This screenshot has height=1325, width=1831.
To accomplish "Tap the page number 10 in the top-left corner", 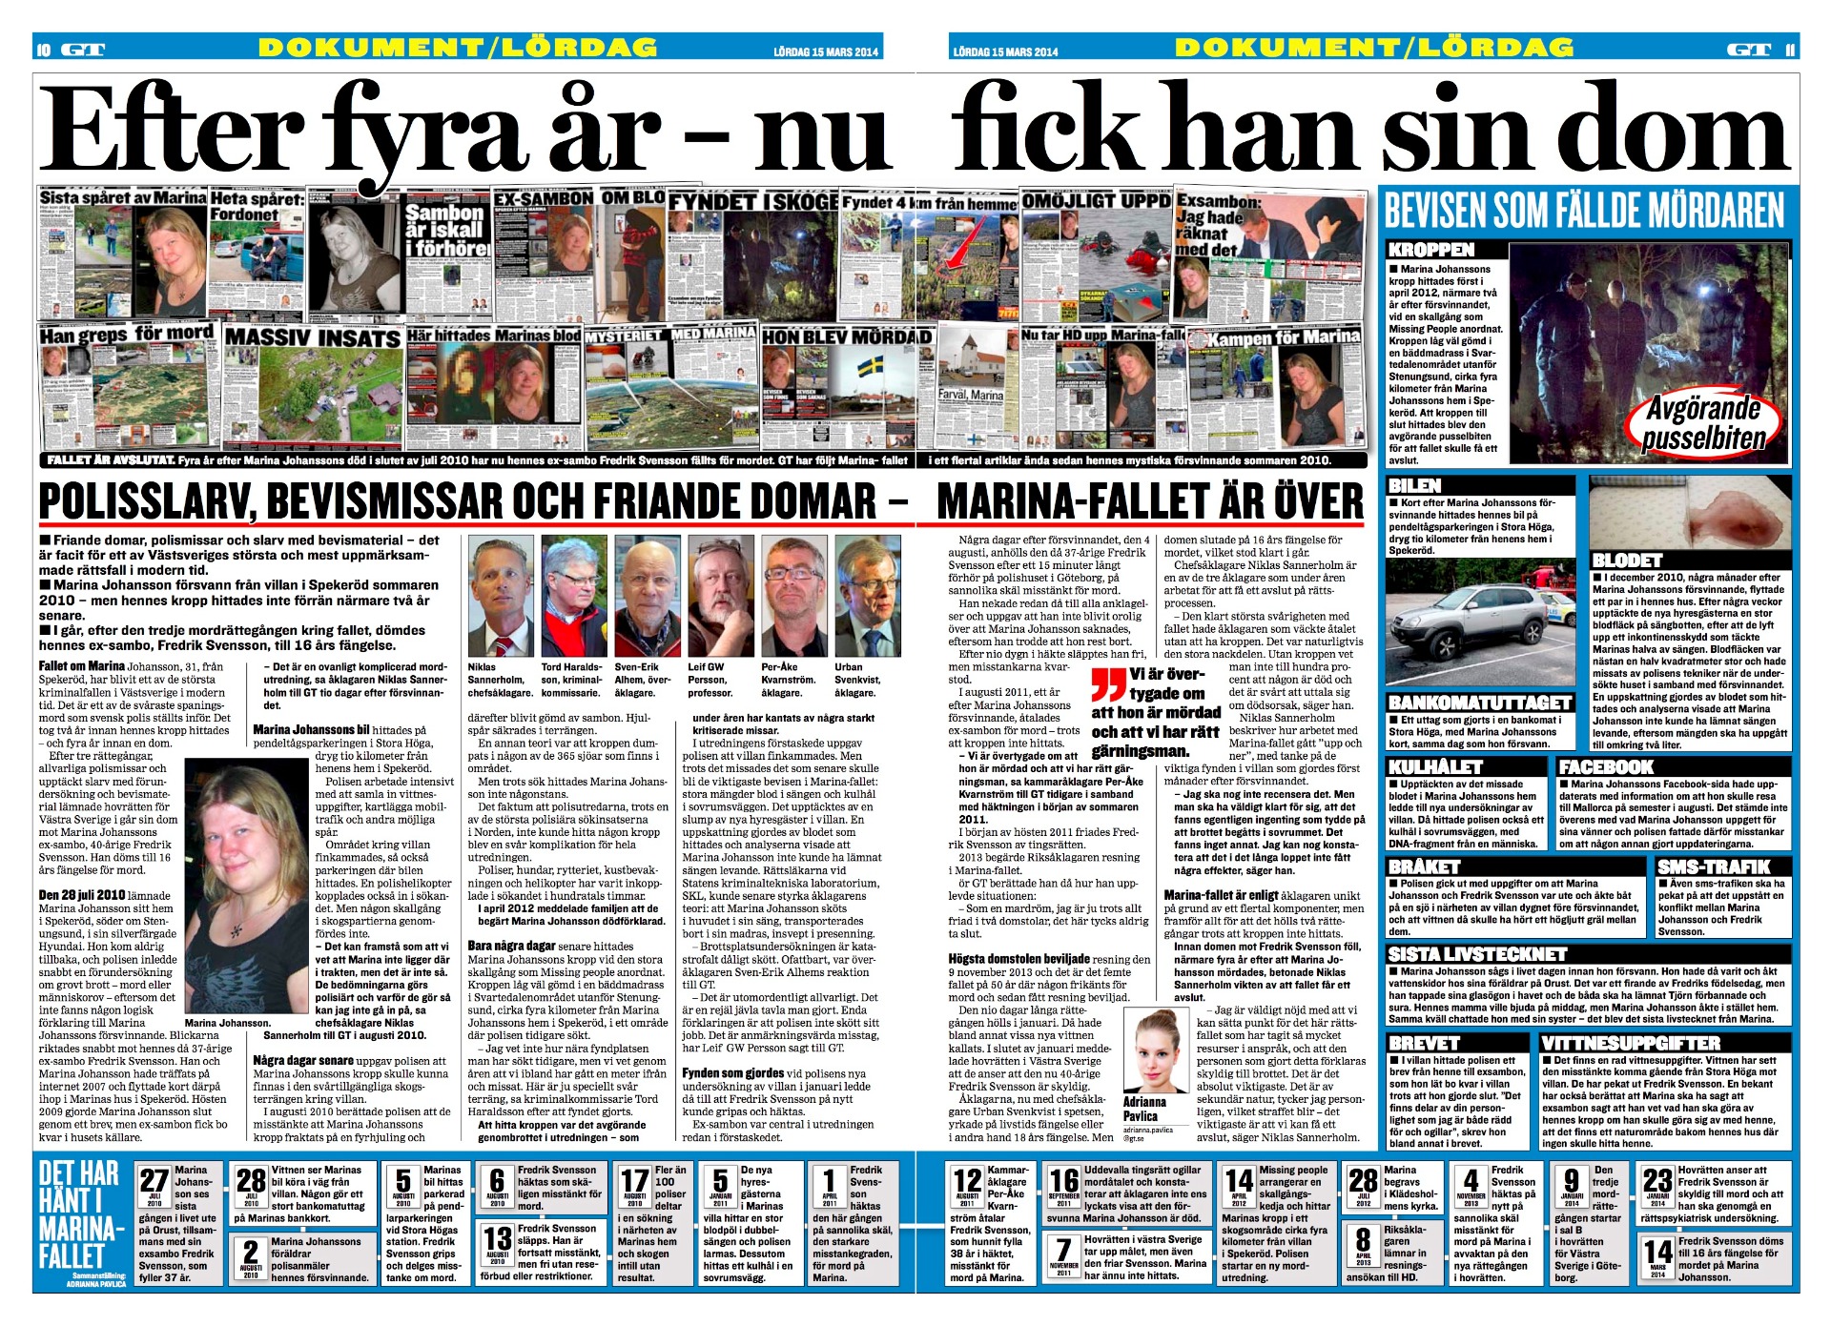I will pyautogui.click(x=43, y=49).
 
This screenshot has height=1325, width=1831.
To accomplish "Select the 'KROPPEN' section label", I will pyautogui.click(x=1431, y=250).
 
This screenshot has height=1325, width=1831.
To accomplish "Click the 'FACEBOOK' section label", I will pyautogui.click(x=1606, y=766).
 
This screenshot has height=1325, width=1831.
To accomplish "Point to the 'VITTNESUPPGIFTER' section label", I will pyautogui.click(x=1631, y=1043).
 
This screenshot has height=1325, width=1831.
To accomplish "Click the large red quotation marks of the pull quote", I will pyautogui.click(x=1109, y=684).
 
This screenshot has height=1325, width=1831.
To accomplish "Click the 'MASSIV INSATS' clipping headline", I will pyautogui.click(x=312, y=338).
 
